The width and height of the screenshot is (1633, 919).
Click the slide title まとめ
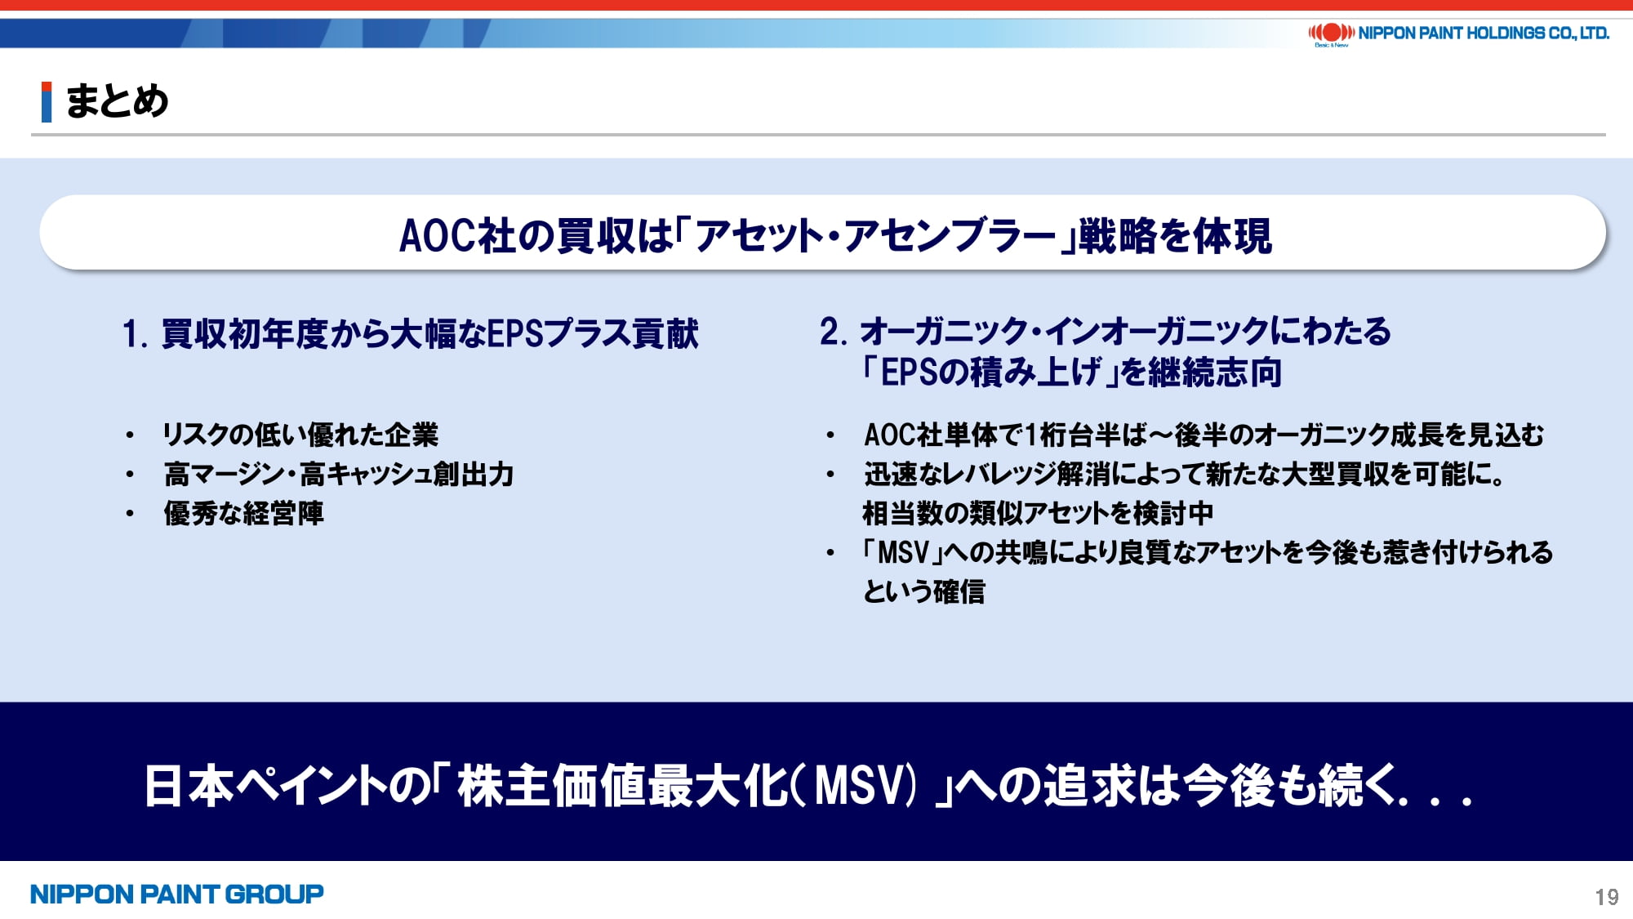[x=117, y=101]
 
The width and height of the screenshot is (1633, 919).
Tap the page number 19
[x=1606, y=897]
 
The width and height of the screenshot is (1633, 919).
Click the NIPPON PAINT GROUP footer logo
[x=176, y=894]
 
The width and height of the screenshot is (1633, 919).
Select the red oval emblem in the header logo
[x=1332, y=33]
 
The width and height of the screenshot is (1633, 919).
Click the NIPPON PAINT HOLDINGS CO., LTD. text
[x=1484, y=33]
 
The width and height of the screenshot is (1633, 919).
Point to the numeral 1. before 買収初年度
[x=135, y=334]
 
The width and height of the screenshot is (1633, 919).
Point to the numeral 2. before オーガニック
[x=834, y=332]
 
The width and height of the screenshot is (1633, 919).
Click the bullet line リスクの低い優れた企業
[x=300, y=435]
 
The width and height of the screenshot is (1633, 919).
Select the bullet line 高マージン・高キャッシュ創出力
[x=338, y=474]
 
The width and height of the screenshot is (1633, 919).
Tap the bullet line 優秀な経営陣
[x=243, y=513]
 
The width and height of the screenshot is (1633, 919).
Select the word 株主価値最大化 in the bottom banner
[x=622, y=785]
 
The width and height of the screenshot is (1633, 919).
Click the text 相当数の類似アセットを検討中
[x=1038, y=513]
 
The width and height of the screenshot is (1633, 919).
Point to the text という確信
[x=924, y=591]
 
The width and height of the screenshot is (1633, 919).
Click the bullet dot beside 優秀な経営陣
[x=130, y=514]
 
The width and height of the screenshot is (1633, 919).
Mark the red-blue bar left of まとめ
[x=47, y=102]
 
